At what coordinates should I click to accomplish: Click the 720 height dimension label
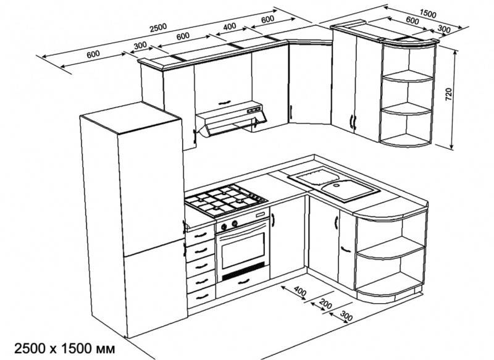click(449, 94)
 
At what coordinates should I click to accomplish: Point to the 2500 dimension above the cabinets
click(158, 28)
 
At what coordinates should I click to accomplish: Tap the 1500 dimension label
click(428, 14)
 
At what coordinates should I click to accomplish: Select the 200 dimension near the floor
click(325, 304)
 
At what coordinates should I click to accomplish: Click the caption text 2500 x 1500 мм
click(65, 349)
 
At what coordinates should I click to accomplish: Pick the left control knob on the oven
click(224, 227)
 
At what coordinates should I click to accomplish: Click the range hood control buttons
click(254, 110)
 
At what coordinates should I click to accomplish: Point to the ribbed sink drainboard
click(314, 176)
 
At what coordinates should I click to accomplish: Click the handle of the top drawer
click(200, 235)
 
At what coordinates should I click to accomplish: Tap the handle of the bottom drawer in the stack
click(202, 296)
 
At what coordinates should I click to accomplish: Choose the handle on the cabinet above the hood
click(224, 103)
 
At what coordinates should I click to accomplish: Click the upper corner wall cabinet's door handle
click(291, 113)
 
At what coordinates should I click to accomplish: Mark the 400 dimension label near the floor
click(300, 292)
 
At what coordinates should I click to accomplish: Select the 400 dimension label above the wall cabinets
click(229, 27)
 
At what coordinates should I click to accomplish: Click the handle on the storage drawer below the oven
click(243, 281)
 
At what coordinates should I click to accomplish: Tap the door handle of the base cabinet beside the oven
click(273, 220)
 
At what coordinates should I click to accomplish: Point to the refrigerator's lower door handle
click(185, 249)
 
